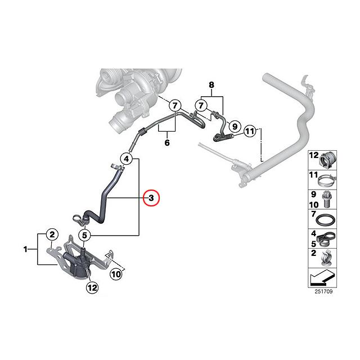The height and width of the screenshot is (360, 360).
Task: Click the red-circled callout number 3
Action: [151, 198]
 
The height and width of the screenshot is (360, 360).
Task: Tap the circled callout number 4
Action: [127, 159]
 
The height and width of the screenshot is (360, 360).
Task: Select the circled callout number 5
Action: [84, 235]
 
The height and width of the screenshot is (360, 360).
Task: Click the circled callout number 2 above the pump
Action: [52, 235]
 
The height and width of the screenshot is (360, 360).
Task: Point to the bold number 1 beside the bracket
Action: [25, 249]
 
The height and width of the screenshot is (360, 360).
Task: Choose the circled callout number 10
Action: [116, 274]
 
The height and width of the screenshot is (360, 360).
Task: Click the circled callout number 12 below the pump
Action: [92, 287]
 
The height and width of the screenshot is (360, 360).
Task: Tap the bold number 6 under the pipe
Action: [167, 142]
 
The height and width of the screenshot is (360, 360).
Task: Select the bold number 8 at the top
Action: [211, 85]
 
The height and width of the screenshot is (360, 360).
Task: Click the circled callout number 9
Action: [235, 126]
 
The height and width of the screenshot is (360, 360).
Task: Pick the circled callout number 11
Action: [250, 131]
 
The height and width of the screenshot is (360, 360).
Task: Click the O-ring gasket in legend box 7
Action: [326, 220]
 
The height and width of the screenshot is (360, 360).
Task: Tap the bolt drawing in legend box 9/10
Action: [326, 199]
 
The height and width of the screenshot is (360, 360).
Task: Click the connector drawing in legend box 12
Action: [327, 160]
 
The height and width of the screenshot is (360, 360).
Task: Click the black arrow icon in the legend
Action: [322, 277]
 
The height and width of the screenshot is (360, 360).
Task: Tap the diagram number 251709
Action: [323, 291]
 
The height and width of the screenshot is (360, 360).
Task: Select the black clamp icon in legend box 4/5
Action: [326, 238]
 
